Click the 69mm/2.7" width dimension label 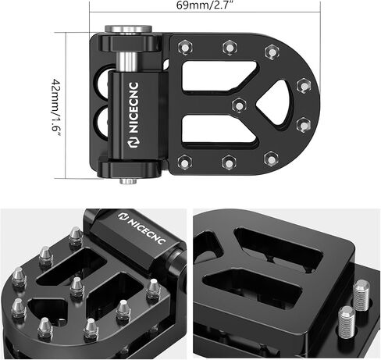pyautogui.click(x=205, y=5)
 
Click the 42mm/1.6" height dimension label pyautogui.click(x=56, y=109)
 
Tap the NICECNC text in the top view pyautogui.click(x=134, y=108)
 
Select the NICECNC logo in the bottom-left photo pyautogui.click(x=142, y=228)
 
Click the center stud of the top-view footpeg pyautogui.click(x=239, y=105)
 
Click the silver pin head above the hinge pyautogui.click(x=128, y=29)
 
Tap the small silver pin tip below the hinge pyautogui.click(x=128, y=180)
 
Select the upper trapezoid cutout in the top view pyautogui.click(x=219, y=76)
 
